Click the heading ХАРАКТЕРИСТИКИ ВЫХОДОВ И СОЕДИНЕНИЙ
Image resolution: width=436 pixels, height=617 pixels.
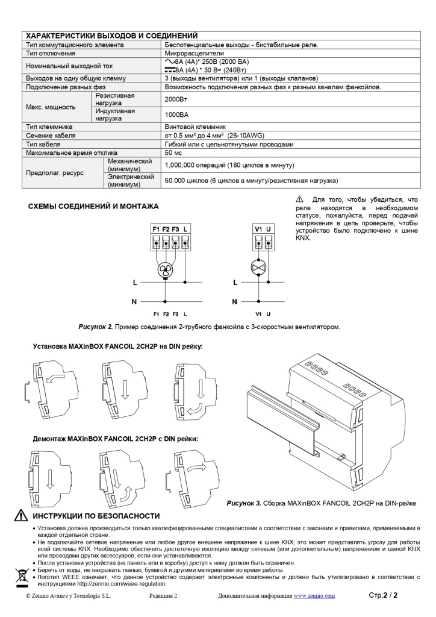112,36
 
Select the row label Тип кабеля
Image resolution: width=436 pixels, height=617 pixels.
46,145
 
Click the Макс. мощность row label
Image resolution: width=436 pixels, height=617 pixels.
51,107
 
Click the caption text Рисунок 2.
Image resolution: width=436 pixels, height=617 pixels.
96,327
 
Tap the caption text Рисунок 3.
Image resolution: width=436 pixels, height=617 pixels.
244,503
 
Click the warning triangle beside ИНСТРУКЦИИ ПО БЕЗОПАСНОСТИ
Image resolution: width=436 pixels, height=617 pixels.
21,516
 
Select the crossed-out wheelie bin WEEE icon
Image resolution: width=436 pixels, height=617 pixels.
22,576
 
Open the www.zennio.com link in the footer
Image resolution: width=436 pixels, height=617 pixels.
314,596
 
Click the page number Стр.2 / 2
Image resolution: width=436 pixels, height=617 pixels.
383,596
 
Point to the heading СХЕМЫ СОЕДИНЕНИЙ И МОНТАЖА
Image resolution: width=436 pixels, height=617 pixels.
93,207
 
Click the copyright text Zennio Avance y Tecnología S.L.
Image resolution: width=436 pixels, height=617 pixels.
68,596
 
